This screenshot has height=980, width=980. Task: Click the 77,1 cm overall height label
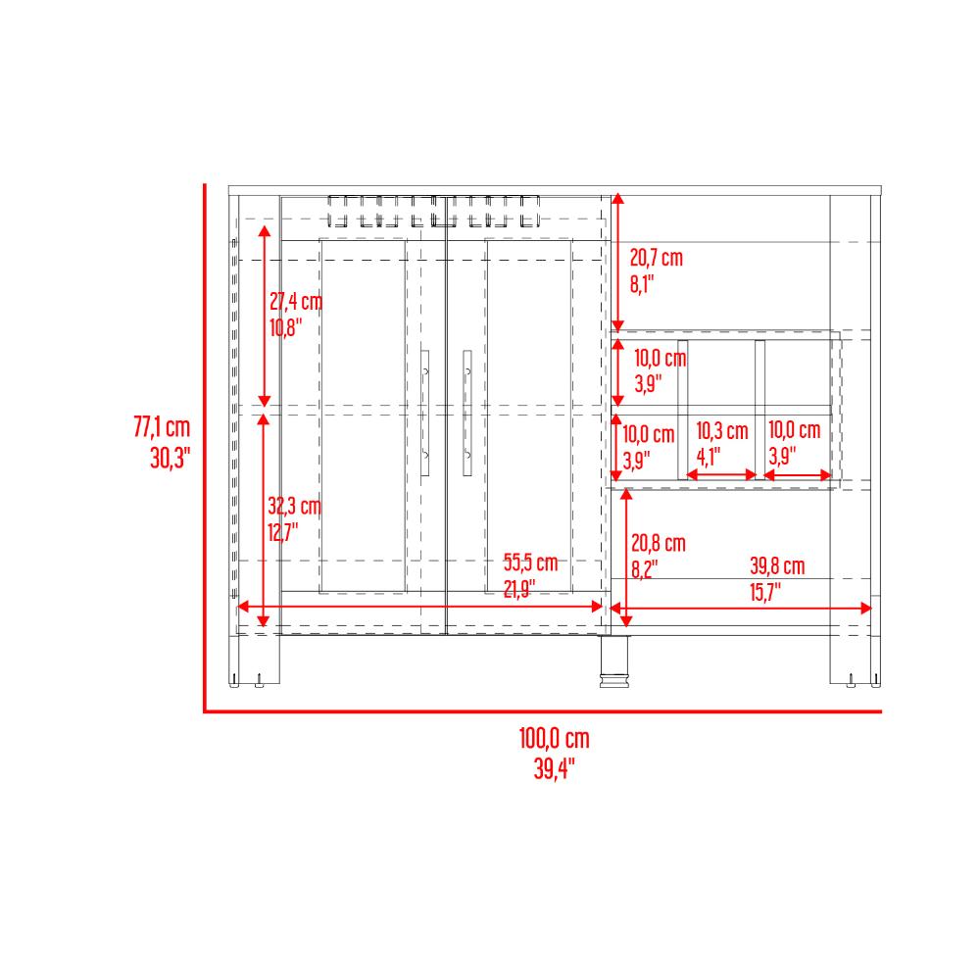[x=162, y=427]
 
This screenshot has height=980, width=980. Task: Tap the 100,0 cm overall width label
[x=555, y=739]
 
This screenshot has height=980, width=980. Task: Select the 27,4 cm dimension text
[x=296, y=302]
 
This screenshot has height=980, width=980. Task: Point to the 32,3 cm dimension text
[x=294, y=507]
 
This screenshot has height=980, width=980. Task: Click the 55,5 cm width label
[x=530, y=563]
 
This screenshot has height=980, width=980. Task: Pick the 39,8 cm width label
[x=777, y=566]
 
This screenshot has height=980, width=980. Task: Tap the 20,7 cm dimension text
[x=657, y=258]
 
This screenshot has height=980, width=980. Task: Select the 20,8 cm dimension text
[x=659, y=543]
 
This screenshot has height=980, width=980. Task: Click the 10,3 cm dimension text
[x=722, y=430]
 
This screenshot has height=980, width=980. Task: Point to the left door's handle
[x=425, y=413]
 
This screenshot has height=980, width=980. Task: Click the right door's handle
[x=466, y=413]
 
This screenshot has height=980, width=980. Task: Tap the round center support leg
[x=614, y=661]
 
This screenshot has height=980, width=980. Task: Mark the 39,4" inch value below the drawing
[x=555, y=768]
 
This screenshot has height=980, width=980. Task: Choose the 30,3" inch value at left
[x=170, y=459]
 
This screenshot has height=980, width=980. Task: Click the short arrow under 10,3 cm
[x=721, y=475]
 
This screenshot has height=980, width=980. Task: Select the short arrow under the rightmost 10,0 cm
[x=798, y=475]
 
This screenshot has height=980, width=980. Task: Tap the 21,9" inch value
[x=519, y=589]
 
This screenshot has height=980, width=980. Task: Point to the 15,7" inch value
[x=765, y=592]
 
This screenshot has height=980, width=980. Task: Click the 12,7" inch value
[x=283, y=532]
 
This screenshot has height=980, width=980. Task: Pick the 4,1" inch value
[x=709, y=457]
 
